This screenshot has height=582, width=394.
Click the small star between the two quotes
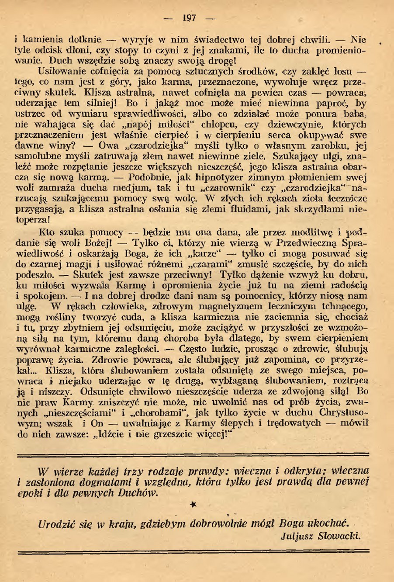pyautogui.click(x=194, y=504)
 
